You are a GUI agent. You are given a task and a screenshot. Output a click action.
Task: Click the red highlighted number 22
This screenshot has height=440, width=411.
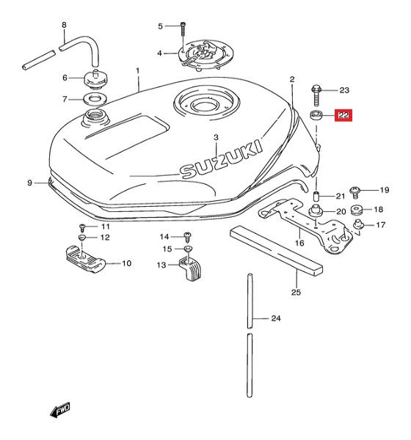343,115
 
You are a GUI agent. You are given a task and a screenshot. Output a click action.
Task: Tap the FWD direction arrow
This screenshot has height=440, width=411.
60,410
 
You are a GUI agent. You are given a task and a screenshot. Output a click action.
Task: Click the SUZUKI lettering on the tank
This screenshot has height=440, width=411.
221,159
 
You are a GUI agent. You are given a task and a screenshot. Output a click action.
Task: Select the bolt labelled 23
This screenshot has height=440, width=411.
316,95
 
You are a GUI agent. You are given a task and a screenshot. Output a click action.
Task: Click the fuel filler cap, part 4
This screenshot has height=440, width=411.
202,57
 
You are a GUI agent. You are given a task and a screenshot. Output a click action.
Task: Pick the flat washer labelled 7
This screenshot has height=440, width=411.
96,99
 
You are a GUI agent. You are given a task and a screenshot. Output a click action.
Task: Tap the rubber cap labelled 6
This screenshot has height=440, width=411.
96,80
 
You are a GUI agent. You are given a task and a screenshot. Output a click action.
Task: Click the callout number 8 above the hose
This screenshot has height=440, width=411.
64,25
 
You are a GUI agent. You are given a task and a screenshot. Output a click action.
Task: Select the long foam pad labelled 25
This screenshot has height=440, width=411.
276,250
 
